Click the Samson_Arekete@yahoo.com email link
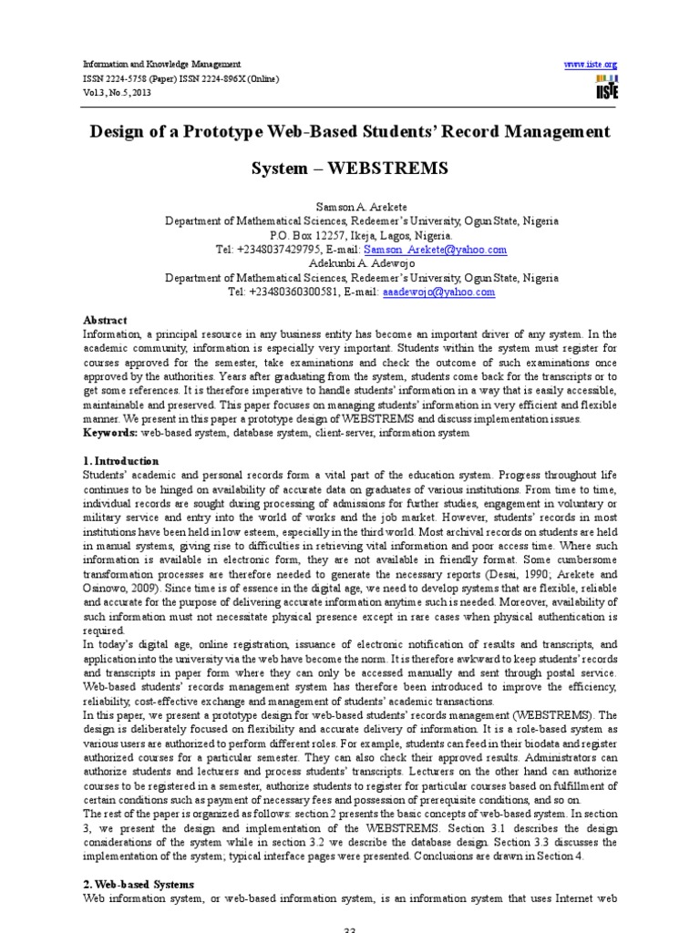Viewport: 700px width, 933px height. pos(435,249)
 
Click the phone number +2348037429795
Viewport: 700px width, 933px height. pos(280,249)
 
